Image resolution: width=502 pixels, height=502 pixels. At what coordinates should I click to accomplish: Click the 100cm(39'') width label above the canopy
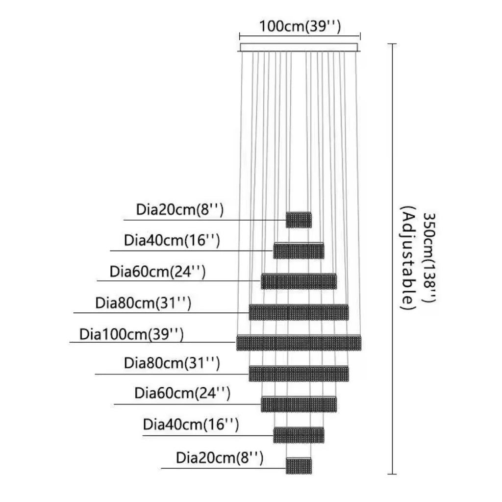pos(300,26)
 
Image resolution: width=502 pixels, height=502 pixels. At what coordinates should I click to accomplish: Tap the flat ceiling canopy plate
pos(300,48)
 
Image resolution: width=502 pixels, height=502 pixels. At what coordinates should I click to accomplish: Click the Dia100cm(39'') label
pos(131,335)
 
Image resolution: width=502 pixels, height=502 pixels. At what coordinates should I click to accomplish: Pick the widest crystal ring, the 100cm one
pos(299,343)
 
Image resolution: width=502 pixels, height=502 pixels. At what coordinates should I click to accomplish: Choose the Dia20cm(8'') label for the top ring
pos(180,210)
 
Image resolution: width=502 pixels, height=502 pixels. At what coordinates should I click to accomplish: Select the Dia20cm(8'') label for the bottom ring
pos(219,458)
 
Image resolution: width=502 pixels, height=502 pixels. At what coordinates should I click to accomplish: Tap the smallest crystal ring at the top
pos(299,220)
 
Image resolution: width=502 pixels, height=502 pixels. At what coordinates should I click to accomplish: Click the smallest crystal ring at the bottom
pos(299,466)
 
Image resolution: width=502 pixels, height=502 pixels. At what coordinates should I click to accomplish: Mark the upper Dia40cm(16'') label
pos(172,241)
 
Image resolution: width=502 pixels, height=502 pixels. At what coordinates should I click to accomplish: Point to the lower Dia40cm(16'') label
pos(191,425)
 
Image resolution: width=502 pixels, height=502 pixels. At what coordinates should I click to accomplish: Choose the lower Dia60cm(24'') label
pos(182,394)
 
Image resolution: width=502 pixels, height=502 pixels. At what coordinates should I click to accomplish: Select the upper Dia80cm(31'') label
pos(143,302)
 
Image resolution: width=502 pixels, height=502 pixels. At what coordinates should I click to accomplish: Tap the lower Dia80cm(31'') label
pos(172,364)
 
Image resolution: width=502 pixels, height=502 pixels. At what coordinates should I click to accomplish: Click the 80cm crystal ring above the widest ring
pos(299,312)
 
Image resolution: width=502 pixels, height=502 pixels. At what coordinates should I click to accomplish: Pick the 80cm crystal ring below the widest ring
pos(299,374)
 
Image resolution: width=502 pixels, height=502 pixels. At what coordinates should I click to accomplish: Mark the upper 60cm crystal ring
pos(299,281)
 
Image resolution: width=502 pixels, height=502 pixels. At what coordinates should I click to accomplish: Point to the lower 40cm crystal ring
pos(299,435)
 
